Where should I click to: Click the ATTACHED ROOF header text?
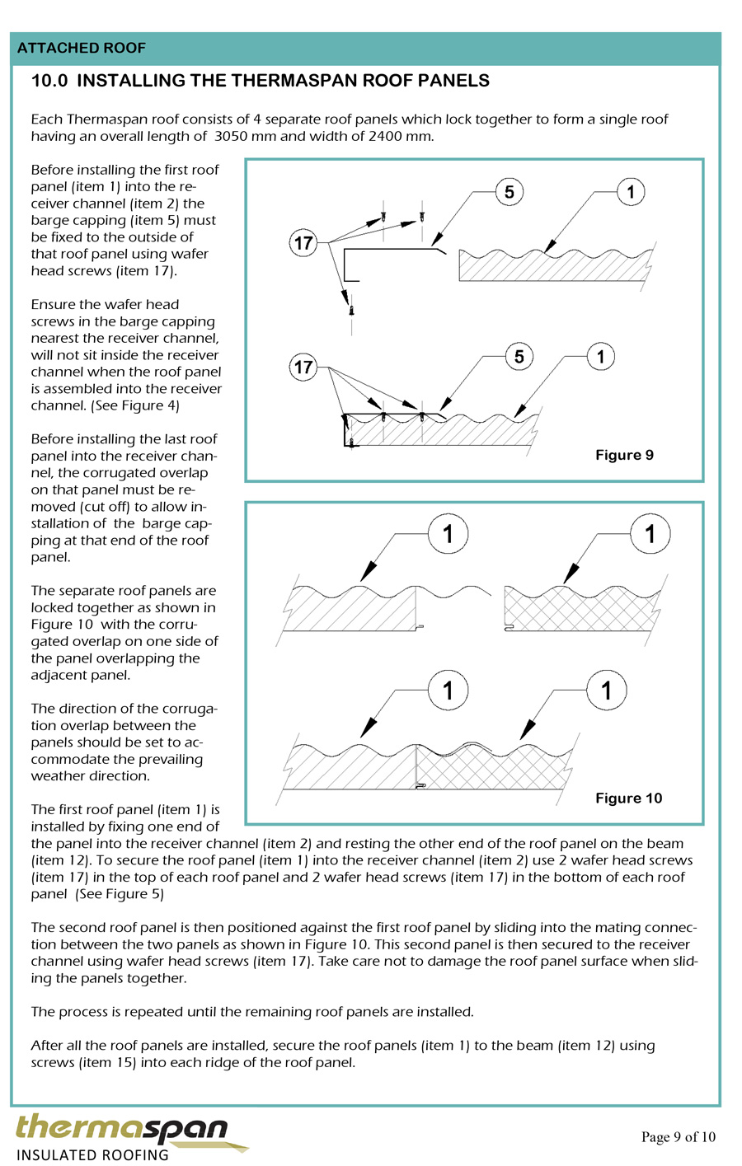[81, 49]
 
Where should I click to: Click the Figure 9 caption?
[624, 455]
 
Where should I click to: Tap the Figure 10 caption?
[628, 798]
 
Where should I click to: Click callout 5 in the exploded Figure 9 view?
[509, 192]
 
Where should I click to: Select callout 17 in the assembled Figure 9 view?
[303, 367]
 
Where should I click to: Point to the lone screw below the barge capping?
[352, 310]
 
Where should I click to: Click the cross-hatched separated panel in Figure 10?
[581, 610]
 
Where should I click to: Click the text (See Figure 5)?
[120, 894]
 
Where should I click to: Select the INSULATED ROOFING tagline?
[92, 1154]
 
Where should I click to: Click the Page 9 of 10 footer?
[678, 1137]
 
